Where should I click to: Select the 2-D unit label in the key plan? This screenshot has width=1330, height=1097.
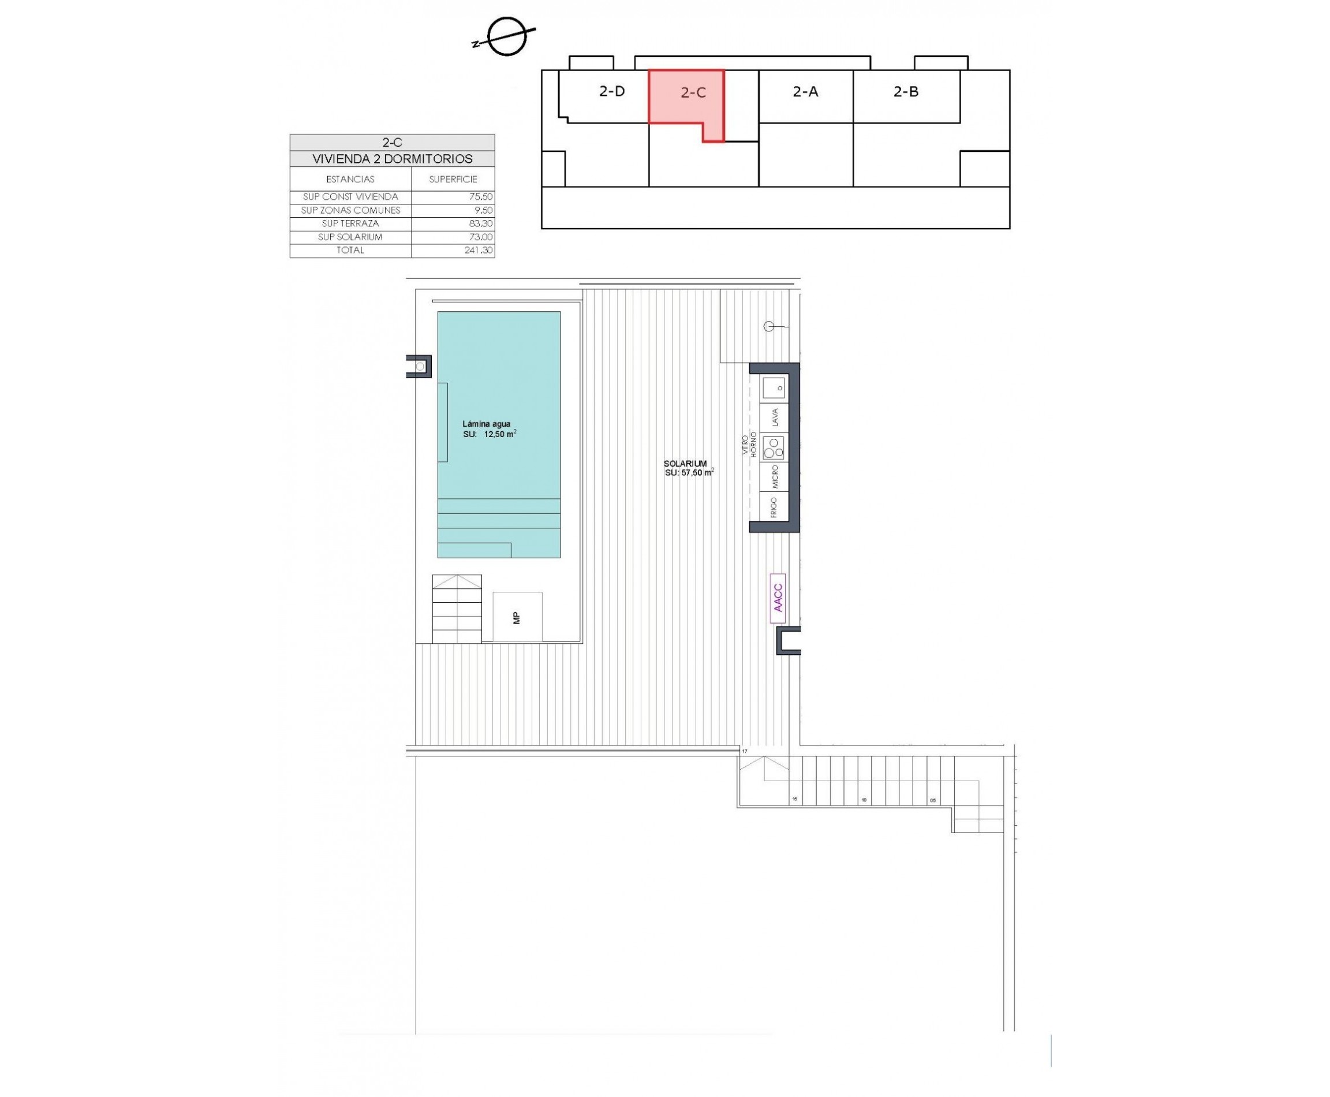click(612, 91)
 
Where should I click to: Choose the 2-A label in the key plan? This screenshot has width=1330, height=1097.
click(806, 92)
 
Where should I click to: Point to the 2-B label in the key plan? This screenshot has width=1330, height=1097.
click(905, 92)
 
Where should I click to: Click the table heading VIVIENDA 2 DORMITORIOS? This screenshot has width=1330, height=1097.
click(393, 159)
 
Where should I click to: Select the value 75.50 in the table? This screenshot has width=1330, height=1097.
click(481, 196)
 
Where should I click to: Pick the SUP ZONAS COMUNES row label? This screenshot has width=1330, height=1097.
click(350, 210)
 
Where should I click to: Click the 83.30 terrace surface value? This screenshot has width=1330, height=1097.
click(481, 223)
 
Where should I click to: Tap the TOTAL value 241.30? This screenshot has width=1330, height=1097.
click(479, 250)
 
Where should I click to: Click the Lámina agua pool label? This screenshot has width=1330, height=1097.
click(486, 424)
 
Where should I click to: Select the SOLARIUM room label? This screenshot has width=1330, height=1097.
click(685, 463)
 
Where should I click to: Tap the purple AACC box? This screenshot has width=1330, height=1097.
click(778, 598)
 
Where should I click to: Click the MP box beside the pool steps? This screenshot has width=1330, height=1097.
click(517, 617)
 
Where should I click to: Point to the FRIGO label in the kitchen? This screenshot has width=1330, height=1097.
click(774, 507)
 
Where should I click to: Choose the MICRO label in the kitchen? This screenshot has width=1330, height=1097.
click(775, 477)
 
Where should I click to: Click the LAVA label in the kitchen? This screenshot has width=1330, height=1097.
click(775, 417)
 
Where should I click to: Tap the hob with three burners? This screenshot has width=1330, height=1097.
click(774, 447)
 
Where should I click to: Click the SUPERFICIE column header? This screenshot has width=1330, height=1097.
click(453, 180)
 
